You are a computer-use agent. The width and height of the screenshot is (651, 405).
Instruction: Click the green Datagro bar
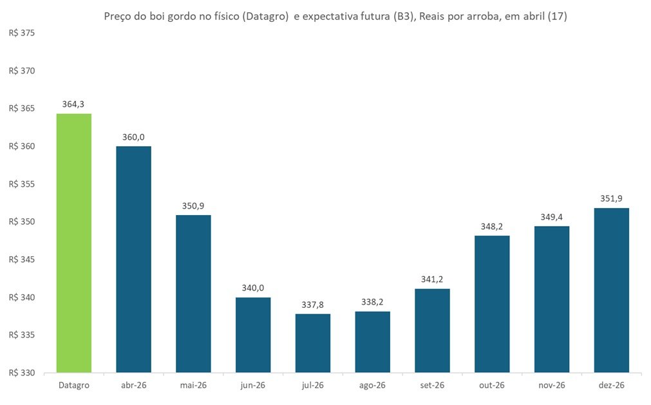tap(74, 243)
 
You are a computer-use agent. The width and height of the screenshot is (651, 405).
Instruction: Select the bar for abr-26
tap(133, 259)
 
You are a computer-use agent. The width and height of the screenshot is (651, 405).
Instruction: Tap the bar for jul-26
tap(312, 343)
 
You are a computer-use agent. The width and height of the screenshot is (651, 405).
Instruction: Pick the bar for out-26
tap(492, 304)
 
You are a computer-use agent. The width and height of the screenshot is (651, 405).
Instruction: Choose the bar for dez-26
tap(611, 290)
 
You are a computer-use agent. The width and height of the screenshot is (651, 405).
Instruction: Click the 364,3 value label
tap(74, 104)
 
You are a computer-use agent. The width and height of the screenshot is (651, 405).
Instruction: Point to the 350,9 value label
tap(193, 205)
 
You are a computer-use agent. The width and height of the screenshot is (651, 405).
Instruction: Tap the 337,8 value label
tap(312, 305)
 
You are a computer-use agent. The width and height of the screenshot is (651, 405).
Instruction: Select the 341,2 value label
tap(432, 279)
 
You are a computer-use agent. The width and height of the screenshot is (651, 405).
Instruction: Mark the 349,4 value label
tap(551, 217)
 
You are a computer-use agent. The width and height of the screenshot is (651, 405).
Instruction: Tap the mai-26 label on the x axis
tap(193, 385)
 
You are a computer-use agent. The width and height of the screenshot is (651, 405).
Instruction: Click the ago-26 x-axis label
tap(372, 385)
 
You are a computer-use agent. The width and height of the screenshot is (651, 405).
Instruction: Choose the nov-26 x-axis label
tap(551, 385)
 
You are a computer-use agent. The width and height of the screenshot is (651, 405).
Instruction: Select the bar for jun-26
tap(253, 335)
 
